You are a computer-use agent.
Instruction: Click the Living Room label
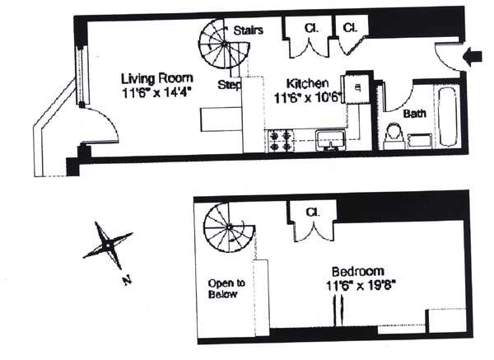coord(149,78)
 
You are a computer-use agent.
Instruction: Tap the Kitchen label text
coord(308,83)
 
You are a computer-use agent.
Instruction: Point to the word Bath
coord(414,114)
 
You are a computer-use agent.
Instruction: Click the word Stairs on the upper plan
coord(248,30)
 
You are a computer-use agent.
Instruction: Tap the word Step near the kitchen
coord(229,85)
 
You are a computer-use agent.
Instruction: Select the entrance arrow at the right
coord(474,57)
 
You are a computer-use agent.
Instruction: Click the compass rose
coord(106,245)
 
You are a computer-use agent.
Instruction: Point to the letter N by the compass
coord(127,280)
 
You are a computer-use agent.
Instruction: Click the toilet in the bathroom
coord(392,133)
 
